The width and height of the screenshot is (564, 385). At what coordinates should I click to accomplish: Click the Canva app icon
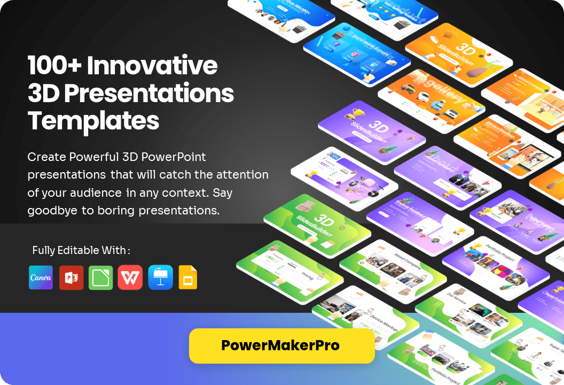41,278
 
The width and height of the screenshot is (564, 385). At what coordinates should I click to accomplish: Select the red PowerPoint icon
71,278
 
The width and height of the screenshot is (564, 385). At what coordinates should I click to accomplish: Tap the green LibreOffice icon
100,278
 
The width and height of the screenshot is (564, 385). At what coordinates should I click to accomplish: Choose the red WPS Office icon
130,278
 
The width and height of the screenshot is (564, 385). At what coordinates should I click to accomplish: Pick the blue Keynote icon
160,278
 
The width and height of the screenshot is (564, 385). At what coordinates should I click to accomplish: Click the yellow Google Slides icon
188,278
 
